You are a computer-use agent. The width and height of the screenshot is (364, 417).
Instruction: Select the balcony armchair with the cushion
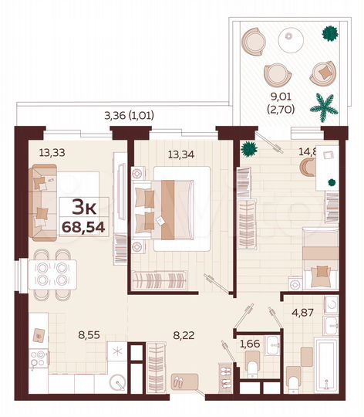pyautogui.click(x=322, y=72)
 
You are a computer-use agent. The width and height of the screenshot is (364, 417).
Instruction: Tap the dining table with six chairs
pyautogui.click(x=50, y=271)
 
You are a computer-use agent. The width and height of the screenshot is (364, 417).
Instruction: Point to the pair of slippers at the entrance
pyautogui.click(x=179, y=380)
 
